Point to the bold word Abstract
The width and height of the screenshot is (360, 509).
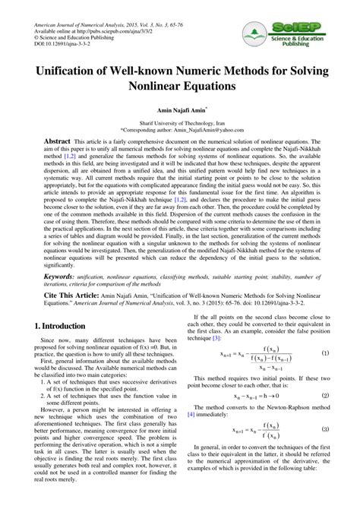pyautogui.click(x=57, y=142)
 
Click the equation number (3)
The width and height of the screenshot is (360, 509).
pyautogui.click(x=325, y=451)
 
